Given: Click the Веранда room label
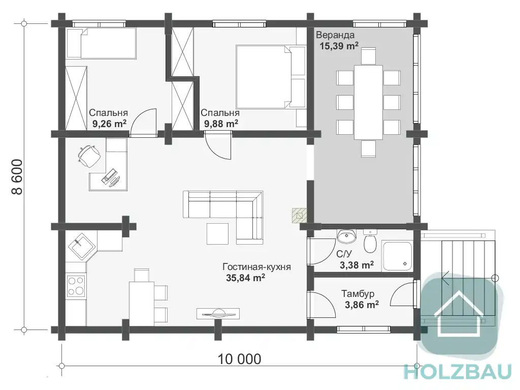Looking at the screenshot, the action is click(335, 35).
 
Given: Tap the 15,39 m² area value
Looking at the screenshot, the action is click(339, 46).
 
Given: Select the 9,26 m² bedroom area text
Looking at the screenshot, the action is click(110, 124).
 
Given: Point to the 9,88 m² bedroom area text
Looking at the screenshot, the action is click(221, 124).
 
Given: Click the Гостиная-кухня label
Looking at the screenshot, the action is click(256, 267).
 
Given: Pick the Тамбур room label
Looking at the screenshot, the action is click(358, 294).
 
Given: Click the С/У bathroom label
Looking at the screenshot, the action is click(344, 254).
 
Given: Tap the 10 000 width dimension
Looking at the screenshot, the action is click(240, 359).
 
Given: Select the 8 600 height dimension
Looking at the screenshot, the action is click(17, 177).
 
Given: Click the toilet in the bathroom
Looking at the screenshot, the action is click(370, 241).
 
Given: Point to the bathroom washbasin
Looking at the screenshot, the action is click(346, 236).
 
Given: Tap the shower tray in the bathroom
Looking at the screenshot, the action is click(397, 256).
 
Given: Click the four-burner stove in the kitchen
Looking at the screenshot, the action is click(76, 286).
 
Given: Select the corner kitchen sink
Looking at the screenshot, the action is click(82, 246).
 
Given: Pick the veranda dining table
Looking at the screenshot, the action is click(368, 102).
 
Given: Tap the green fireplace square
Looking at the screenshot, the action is click(299, 215).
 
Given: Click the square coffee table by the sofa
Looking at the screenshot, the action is click(217, 234).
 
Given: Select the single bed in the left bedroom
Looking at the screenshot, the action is click(102, 43).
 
